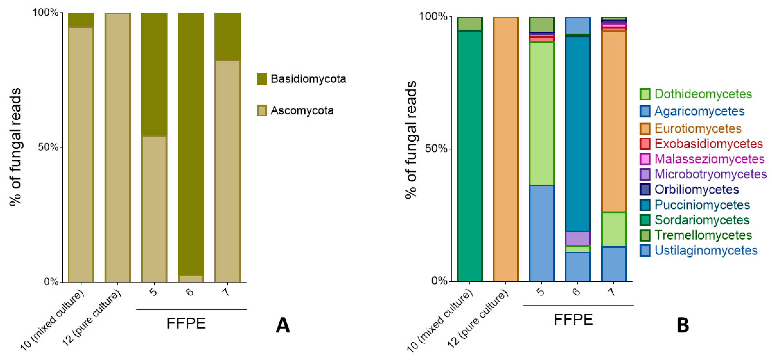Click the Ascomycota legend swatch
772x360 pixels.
coord(262,110)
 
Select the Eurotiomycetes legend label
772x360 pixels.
coord(698,128)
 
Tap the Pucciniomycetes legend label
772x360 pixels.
coord(702,205)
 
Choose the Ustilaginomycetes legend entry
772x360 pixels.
coord(706,250)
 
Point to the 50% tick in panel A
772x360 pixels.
coord(48,147)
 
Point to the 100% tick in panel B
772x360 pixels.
coord(433,16)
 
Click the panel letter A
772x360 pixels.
coord(283,325)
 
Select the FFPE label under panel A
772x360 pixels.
coord(186,323)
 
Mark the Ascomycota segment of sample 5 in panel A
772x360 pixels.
coord(154,210)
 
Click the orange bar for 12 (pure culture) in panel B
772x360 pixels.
coord(506,150)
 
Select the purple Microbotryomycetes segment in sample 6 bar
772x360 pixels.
coord(578,238)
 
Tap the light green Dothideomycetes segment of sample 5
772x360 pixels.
coord(542,114)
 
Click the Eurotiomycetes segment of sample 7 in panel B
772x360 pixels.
coord(613,120)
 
